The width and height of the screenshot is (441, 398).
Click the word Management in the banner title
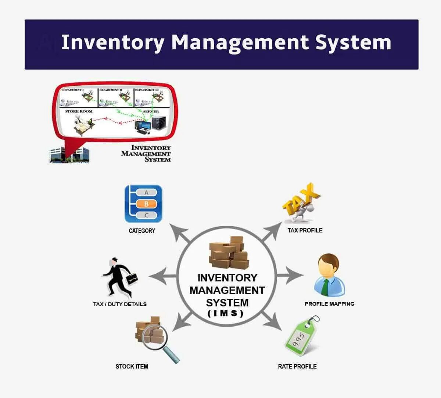tap(240, 43)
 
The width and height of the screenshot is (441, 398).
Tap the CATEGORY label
tap(142, 231)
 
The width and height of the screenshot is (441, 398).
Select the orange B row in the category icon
tap(146, 204)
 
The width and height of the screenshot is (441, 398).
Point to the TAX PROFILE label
tap(305, 230)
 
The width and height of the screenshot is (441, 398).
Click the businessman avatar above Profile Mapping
tap(329, 275)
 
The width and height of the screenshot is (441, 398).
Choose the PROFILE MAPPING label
tap(329, 304)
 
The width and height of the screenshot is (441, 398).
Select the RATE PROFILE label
tap(297, 366)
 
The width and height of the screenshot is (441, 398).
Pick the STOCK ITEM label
tap(132, 366)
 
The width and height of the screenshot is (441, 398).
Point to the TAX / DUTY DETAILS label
tap(120, 304)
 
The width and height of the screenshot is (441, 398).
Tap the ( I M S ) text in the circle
tap(226, 314)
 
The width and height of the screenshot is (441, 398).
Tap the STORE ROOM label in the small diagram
tap(79, 111)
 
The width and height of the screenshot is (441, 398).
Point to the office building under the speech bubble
tap(69, 156)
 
